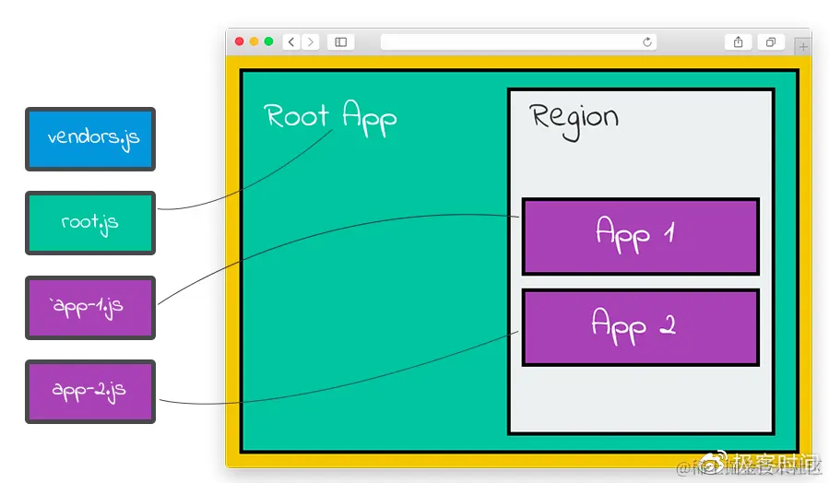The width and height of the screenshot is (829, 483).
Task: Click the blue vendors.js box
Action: click(x=90, y=139)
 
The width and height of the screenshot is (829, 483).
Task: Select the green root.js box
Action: click(x=90, y=223)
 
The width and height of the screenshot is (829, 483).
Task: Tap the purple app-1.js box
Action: click(x=90, y=307)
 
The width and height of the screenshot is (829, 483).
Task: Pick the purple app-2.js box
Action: click(x=90, y=391)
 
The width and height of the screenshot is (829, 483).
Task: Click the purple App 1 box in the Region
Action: click(x=640, y=236)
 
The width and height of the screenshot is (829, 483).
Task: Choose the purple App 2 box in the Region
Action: click(x=640, y=327)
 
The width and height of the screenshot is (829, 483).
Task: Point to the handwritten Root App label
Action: click(x=330, y=117)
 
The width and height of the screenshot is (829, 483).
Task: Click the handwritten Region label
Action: click(x=574, y=119)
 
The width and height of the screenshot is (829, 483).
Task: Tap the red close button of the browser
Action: click(x=240, y=41)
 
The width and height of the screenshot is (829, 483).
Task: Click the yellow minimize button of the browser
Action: click(x=255, y=41)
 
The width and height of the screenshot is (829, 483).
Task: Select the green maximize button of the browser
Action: click(x=269, y=41)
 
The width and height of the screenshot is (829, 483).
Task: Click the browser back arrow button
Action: click(x=291, y=41)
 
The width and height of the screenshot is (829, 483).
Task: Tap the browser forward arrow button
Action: click(x=310, y=41)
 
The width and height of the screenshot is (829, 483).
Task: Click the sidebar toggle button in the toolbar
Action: click(x=340, y=41)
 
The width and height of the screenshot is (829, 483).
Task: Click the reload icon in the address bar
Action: click(x=647, y=41)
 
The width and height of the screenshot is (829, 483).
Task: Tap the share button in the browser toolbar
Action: click(x=738, y=41)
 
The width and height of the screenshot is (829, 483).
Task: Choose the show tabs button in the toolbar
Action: click(x=770, y=41)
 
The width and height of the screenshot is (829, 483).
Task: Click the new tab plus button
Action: click(x=802, y=46)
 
